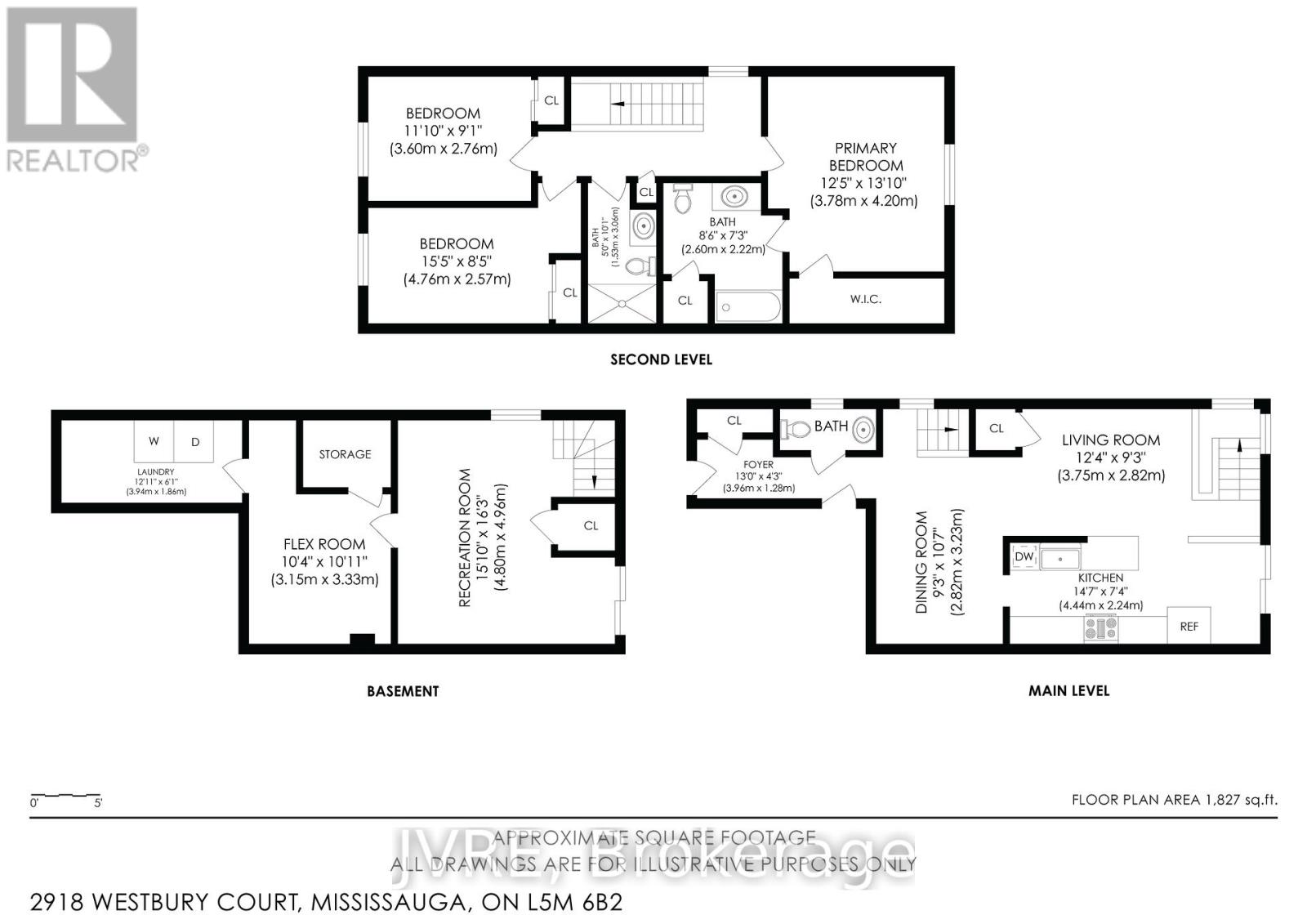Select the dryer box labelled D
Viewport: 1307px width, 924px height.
click(x=195, y=442)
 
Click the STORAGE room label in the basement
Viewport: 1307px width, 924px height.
click(x=345, y=454)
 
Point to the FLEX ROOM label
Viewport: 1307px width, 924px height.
click(x=324, y=544)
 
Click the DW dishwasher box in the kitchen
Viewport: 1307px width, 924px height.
click(x=1024, y=557)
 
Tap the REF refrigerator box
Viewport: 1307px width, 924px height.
click(x=1189, y=626)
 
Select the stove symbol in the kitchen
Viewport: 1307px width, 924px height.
click(x=1100, y=627)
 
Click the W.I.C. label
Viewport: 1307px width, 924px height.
click(x=865, y=300)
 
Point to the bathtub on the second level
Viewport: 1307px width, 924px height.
click(x=747, y=308)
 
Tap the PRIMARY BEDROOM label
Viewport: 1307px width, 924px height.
click(x=865, y=157)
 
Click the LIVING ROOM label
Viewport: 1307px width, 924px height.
click(x=1111, y=440)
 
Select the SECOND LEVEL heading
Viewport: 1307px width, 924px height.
click(x=661, y=359)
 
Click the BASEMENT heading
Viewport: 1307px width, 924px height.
click(x=403, y=691)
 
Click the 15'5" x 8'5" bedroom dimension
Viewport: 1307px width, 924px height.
click(x=456, y=261)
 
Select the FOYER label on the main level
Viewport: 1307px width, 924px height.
click(x=759, y=465)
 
